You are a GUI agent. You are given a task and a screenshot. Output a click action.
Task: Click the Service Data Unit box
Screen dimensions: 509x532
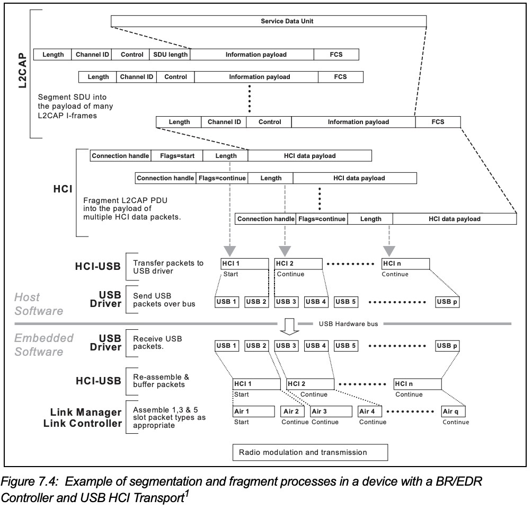(x=269, y=21)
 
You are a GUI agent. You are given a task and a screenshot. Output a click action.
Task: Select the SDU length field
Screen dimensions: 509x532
(x=171, y=54)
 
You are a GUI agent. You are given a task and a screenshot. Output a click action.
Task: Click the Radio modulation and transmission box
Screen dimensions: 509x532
(x=311, y=452)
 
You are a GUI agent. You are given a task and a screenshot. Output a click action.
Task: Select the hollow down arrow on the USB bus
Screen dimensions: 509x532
(x=289, y=327)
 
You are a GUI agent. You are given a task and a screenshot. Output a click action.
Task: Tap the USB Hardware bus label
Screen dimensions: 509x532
(x=348, y=323)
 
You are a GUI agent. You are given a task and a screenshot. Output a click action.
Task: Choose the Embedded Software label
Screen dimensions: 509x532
(x=43, y=344)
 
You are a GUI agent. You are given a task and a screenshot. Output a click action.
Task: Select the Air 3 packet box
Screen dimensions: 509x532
(x=331, y=411)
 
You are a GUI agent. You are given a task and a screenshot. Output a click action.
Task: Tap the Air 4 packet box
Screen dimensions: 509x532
(x=371, y=411)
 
